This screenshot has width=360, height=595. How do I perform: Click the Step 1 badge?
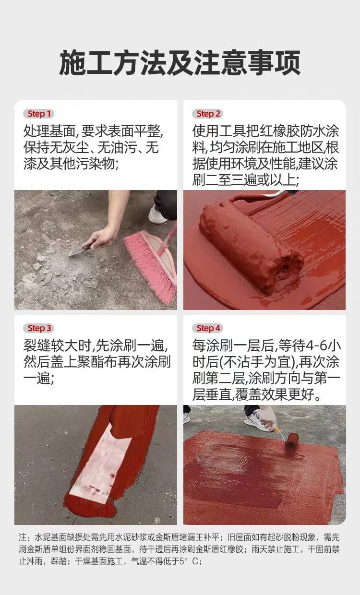point(39,114)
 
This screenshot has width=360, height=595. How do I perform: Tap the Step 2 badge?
point(207,114)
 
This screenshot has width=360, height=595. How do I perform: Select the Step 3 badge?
point(39,328)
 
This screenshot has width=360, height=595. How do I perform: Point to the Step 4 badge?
point(207,328)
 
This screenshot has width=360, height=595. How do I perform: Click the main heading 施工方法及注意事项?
point(180,63)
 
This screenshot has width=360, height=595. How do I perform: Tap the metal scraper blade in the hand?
point(76,251)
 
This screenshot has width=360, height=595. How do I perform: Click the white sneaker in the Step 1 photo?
point(157,214)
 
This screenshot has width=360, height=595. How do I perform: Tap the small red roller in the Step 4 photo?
point(292,441)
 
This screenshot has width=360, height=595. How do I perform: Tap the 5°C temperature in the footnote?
point(189,561)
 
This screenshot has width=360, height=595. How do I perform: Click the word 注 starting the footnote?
point(22,537)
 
